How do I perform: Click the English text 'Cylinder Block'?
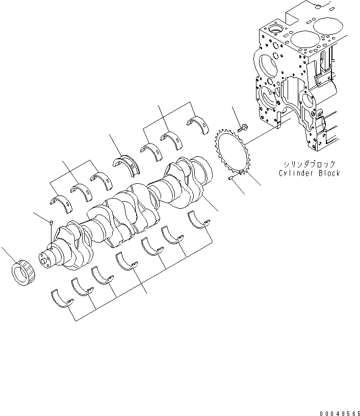coord(309,173)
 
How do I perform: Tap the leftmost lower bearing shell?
coord(62,299)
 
